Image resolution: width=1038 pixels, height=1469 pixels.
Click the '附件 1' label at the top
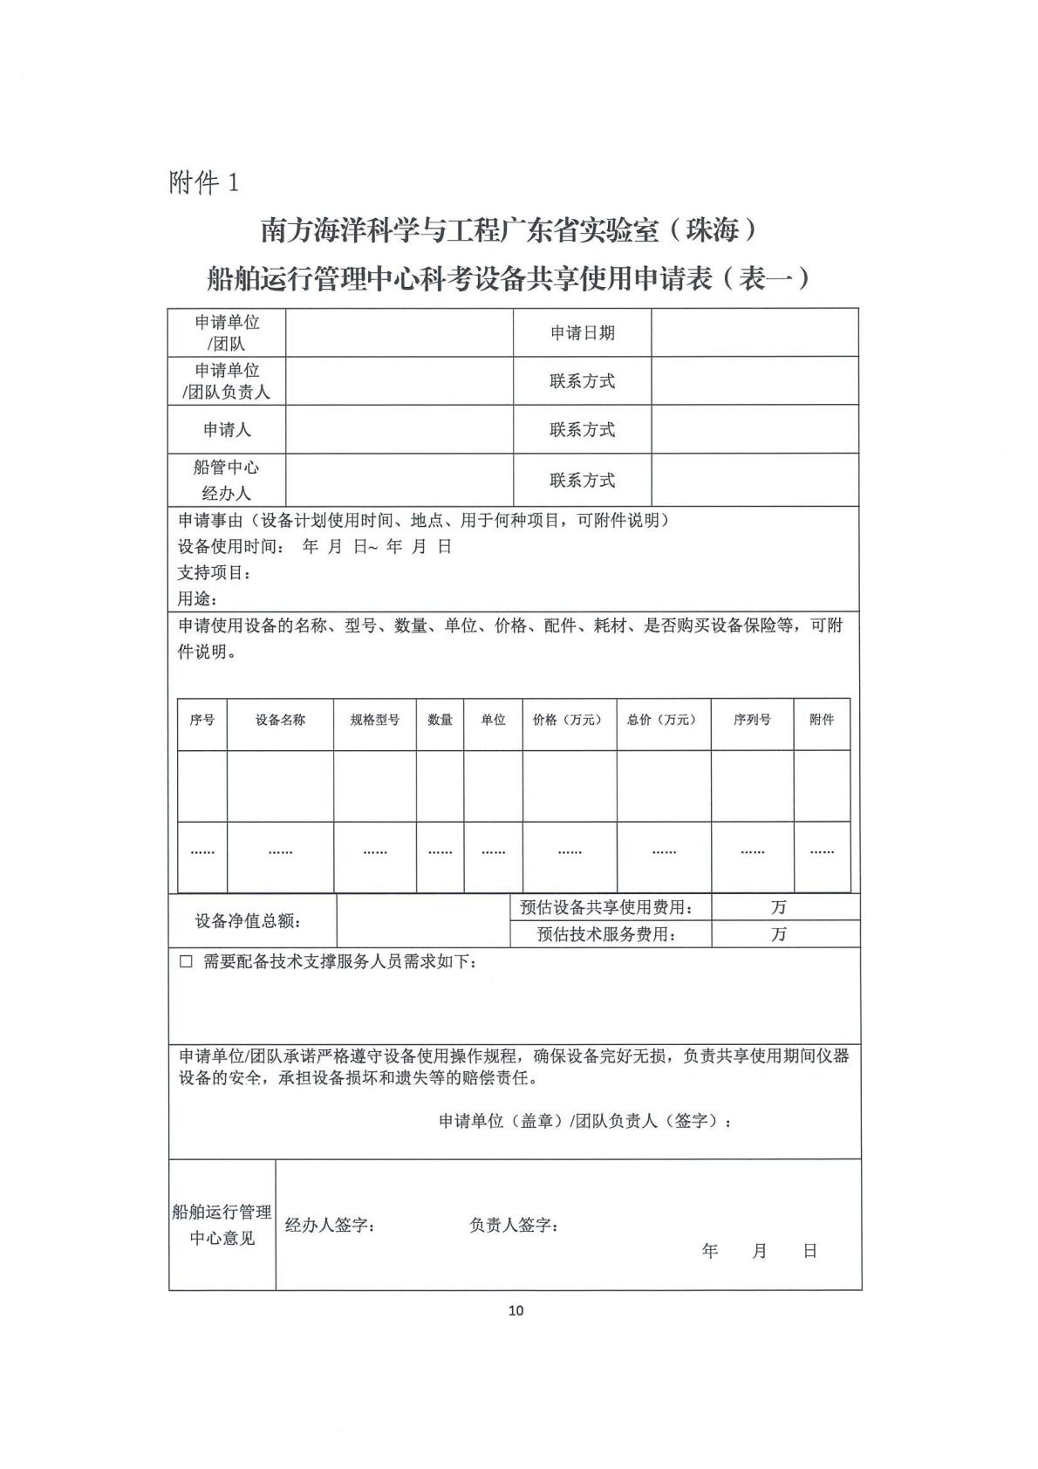pos(203,182)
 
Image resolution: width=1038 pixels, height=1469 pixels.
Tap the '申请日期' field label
pos(582,332)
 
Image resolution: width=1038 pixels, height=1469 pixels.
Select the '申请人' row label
pos(227,429)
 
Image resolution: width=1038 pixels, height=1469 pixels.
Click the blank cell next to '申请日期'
pos(755,332)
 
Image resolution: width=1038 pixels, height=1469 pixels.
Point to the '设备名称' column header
pos(280,720)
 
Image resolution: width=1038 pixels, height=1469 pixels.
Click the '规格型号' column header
pos(375,720)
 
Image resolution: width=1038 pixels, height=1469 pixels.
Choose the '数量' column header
pos(440,720)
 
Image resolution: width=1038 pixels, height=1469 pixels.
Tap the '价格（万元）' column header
pos(569,720)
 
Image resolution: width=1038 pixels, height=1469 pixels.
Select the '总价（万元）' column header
pos(663,720)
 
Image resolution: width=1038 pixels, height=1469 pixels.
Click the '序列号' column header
pos(752,720)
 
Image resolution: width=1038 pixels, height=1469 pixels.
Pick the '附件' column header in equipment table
pos(822,720)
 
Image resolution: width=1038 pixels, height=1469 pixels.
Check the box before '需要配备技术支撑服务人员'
pos(186,961)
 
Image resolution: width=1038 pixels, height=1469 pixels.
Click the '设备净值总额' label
pos(248,921)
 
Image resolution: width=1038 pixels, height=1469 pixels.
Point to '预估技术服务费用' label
pos(607,934)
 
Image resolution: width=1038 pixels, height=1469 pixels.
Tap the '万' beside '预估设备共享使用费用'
pos(778,907)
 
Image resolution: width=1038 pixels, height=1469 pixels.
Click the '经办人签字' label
pos(330,1226)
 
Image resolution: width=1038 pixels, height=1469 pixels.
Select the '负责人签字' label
pos(514,1226)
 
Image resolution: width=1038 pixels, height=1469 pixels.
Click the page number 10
pos(516,1310)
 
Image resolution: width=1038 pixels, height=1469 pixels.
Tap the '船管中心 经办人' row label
pos(227,480)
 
